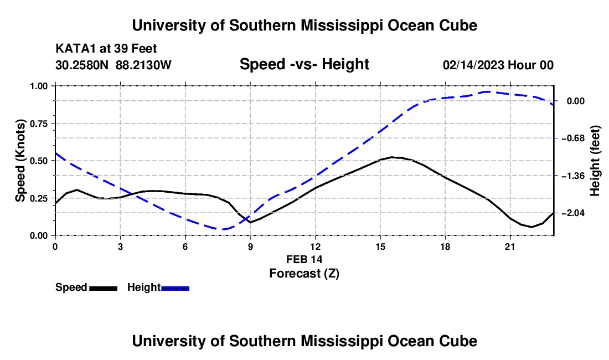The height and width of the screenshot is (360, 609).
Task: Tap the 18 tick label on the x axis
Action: click(x=445, y=247)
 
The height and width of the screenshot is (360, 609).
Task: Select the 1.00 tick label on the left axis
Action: click(x=39, y=86)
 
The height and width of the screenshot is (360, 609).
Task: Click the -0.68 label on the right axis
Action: click(x=576, y=138)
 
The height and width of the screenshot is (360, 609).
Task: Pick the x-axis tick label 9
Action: click(x=250, y=247)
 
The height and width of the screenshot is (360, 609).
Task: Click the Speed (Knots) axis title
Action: click(x=20, y=161)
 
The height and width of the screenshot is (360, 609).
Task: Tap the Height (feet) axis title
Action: click(x=595, y=161)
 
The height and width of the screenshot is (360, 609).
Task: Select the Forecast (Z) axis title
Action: click(x=304, y=274)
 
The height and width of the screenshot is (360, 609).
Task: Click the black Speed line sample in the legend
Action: click(x=104, y=289)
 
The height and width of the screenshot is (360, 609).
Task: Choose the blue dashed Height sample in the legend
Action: click(x=175, y=289)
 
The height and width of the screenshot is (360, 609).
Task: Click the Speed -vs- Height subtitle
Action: click(x=304, y=64)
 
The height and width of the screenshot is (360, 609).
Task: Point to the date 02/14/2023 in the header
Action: click(x=473, y=65)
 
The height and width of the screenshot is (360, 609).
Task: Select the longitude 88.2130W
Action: click(x=143, y=65)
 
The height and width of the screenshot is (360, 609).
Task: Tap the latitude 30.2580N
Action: click(x=82, y=65)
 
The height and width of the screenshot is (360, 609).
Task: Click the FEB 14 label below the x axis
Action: click(x=304, y=259)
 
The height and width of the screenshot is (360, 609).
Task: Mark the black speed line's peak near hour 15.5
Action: click(x=393, y=157)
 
